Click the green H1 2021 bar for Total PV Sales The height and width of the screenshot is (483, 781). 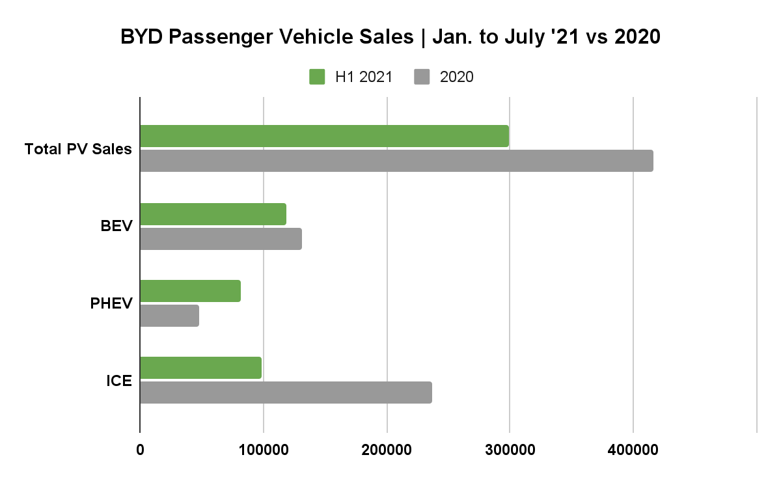pos(324,136)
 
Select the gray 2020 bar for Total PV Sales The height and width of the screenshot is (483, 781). pos(396,161)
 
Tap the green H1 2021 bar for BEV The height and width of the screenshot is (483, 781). pos(213,214)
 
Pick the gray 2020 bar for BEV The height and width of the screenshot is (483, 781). pos(221,239)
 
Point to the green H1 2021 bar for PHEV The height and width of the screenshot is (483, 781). pos(190,291)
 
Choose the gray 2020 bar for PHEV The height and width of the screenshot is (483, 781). pos(169,316)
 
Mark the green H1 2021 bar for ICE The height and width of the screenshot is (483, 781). pos(200,368)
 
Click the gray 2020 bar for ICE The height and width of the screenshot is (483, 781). pos(286,393)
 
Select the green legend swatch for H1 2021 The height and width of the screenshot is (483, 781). pos(317,77)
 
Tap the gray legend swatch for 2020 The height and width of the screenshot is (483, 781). pos(422,77)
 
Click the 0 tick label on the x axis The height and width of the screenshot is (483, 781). pos(140,450)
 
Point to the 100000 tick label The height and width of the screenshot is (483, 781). pos(263,450)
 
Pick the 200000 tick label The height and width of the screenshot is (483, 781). pos(387,450)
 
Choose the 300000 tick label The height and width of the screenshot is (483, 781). pos(510,450)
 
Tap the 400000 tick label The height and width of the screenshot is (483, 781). pos(633,450)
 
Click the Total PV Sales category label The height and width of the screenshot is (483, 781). pos(78,149)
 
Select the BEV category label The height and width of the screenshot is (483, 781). pos(116,227)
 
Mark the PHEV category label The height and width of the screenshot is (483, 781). pos(111,303)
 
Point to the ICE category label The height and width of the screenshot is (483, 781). pos(119,381)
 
